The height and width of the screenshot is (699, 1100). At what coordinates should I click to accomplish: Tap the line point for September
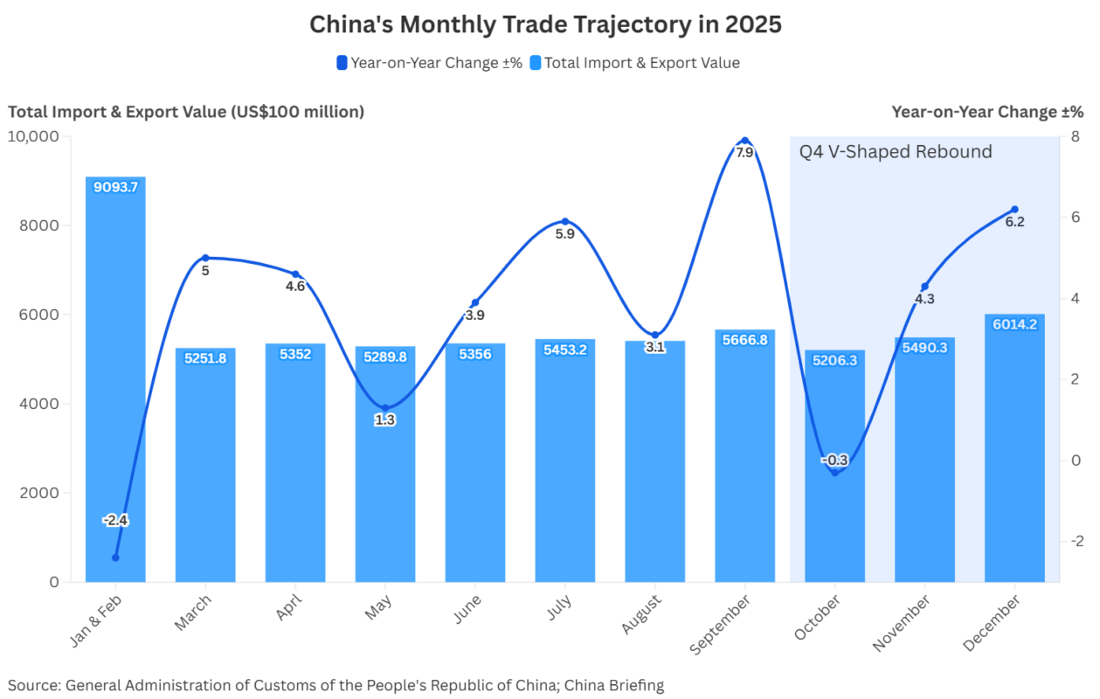(x=744, y=141)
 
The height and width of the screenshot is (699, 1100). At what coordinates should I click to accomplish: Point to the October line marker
(x=834, y=472)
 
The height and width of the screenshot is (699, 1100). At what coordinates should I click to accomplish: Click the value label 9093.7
(x=115, y=186)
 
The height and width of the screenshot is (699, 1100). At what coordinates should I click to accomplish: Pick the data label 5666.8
(x=744, y=339)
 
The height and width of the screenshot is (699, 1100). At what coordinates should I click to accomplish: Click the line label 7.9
(x=744, y=152)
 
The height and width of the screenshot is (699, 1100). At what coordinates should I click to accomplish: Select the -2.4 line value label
(x=115, y=520)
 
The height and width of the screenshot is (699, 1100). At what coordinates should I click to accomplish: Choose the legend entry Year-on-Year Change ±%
(x=429, y=63)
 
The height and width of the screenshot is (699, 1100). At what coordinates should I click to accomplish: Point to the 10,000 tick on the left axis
(x=33, y=136)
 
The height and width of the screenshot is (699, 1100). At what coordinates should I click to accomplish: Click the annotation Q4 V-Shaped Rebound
(x=896, y=152)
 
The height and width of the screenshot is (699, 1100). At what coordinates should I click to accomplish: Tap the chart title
(x=545, y=24)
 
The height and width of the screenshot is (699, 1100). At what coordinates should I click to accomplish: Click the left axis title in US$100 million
(x=186, y=112)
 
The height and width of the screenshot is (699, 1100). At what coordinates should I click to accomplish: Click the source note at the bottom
(x=336, y=685)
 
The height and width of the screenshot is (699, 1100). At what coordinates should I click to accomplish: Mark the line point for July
(x=565, y=222)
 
